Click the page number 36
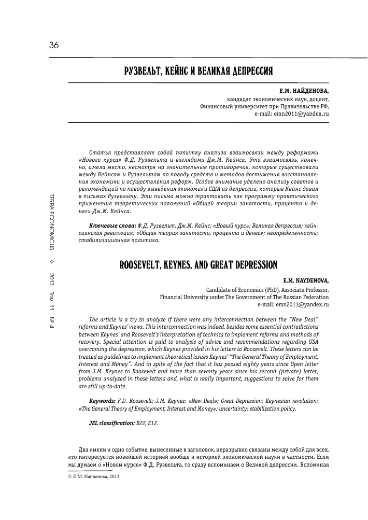tap(53, 45)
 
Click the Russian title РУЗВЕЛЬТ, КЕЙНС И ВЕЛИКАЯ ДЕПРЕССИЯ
tap(199, 70)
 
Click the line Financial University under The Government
tap(244, 298)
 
